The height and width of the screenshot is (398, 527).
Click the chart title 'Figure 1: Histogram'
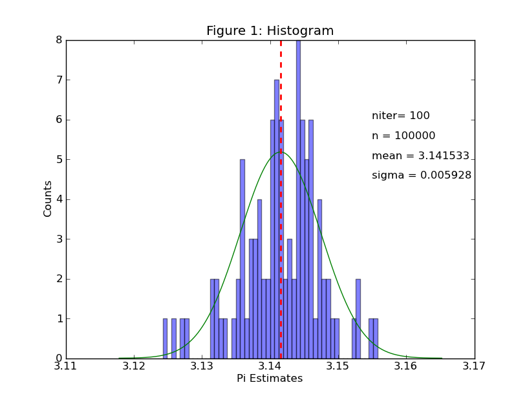[x=270, y=31]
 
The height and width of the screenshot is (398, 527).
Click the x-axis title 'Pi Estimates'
[x=270, y=379]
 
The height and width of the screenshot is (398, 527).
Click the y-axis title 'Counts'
[x=48, y=199]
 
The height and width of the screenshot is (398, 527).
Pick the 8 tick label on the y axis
[x=58, y=40]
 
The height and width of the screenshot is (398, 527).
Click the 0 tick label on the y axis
[x=58, y=359]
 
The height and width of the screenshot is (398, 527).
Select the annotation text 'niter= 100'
[x=400, y=116]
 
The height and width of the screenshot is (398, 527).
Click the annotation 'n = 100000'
[x=403, y=137]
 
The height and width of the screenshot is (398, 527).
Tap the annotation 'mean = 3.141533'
[x=420, y=156]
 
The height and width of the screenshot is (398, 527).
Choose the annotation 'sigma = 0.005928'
[x=421, y=175]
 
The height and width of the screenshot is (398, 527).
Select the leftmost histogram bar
[x=165, y=338]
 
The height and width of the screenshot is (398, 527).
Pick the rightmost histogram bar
[x=376, y=338]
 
